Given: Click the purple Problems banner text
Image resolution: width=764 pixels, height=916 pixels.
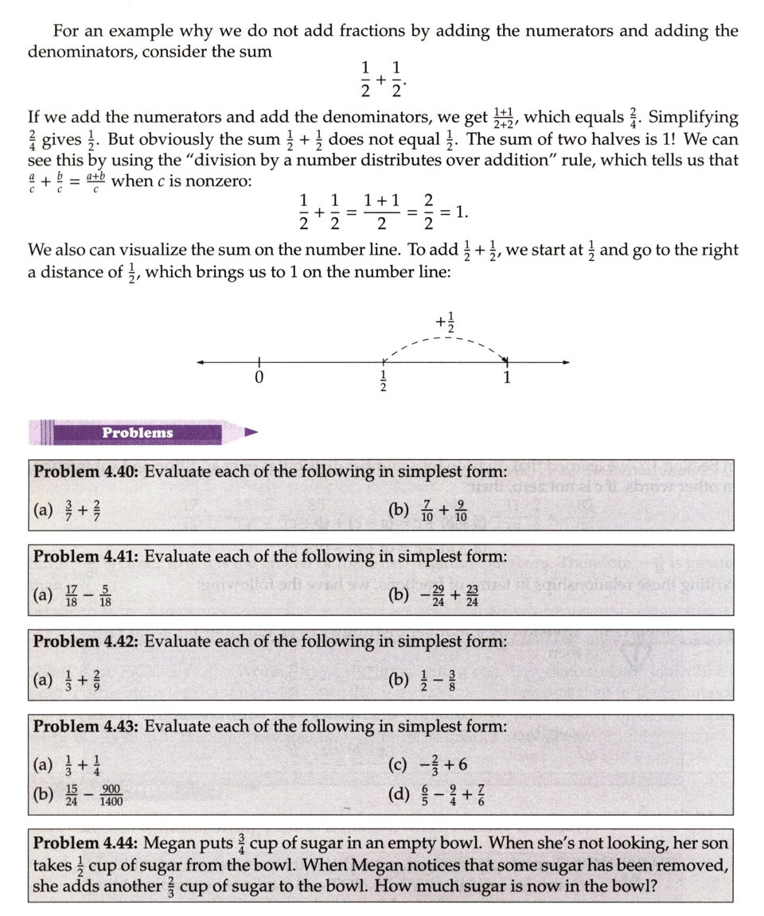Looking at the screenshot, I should click(137, 433).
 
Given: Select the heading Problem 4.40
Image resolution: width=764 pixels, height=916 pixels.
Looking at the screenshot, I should click(86, 470).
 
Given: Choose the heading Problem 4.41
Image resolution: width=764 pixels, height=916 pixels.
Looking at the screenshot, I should click(86, 555).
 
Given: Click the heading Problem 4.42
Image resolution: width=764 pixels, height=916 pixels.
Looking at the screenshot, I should click(86, 641).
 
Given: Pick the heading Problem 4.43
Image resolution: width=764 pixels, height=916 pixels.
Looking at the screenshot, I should click(86, 726).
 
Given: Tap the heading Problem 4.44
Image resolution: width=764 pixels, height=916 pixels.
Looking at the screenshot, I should click(86, 843).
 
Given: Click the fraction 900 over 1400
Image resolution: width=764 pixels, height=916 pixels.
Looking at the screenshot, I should click(111, 795).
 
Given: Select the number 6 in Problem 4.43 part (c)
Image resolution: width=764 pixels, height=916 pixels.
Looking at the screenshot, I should click(462, 766).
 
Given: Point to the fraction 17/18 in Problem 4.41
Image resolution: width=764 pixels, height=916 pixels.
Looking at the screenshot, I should click(70, 594).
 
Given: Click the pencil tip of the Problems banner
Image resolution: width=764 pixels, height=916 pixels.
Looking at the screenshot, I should click(252, 433).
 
